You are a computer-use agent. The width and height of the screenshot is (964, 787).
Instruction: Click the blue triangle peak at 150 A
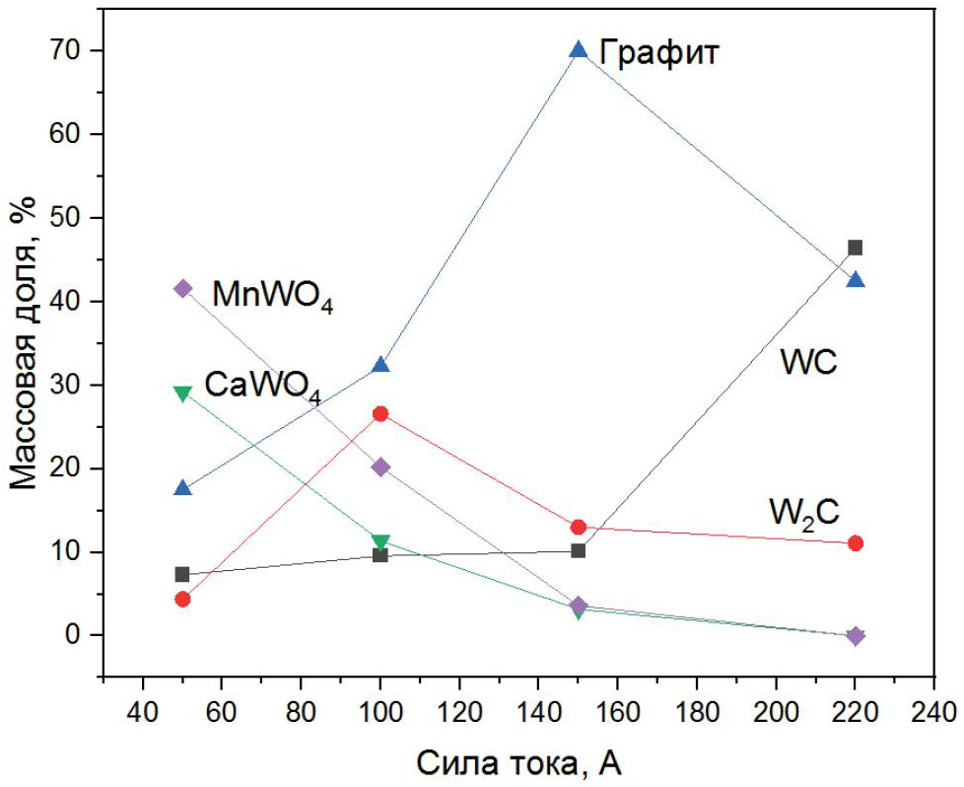pos(579,50)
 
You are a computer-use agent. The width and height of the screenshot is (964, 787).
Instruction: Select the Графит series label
pos(660,51)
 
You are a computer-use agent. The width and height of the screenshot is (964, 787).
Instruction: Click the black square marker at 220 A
pos(856,248)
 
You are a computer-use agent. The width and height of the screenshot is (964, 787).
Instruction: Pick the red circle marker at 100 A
pos(380,413)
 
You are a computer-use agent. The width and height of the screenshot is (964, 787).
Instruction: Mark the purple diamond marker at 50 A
pos(182,288)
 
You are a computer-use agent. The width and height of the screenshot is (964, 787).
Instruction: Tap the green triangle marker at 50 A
pos(182,393)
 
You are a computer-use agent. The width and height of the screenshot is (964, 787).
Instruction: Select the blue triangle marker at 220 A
pos(856,280)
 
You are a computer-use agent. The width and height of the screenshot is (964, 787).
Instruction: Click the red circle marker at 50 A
pos(182,599)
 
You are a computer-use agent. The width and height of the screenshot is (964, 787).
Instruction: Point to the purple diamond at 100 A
pos(380,466)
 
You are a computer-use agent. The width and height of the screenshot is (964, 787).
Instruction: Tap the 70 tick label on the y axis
pos(68,50)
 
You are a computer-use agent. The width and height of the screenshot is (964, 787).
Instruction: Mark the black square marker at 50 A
pos(182,574)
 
